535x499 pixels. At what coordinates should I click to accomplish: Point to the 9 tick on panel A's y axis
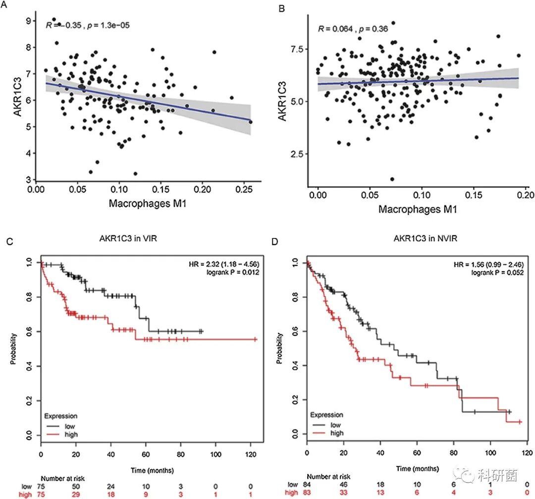coord(29,21)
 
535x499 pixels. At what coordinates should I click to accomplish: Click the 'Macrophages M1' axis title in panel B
coord(418,209)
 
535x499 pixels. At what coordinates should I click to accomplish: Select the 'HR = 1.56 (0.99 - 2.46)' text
coord(495,264)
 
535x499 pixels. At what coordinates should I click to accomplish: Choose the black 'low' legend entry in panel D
coord(335,425)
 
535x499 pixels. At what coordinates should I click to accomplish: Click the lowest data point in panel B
coord(392,179)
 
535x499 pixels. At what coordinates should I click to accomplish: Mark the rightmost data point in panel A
coord(251,121)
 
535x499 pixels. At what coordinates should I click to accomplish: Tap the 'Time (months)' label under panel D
coord(417,468)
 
